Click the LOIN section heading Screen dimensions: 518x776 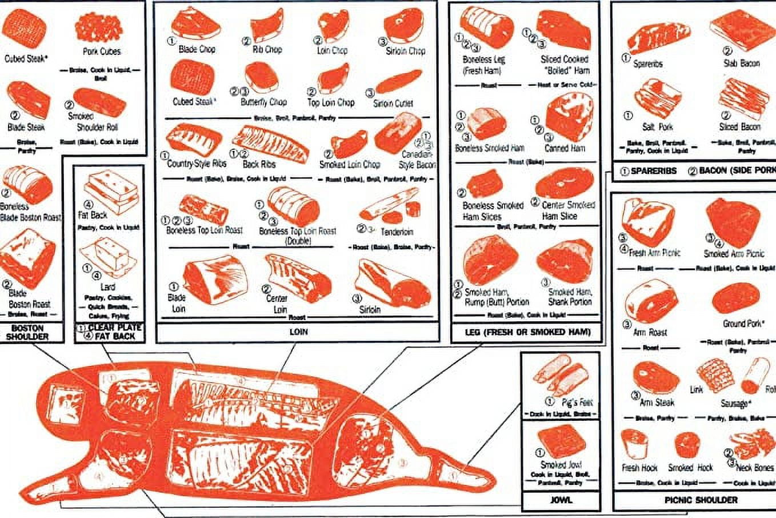(298, 331)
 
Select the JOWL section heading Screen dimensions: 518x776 (561, 499)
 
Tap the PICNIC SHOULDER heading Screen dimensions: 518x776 (701, 499)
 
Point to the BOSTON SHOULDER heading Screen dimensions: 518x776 (27, 332)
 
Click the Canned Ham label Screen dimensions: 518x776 (565, 148)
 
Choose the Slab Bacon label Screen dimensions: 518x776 (741, 63)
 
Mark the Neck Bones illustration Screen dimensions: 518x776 (751, 445)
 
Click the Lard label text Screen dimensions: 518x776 (107, 286)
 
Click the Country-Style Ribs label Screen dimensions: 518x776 (196, 164)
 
